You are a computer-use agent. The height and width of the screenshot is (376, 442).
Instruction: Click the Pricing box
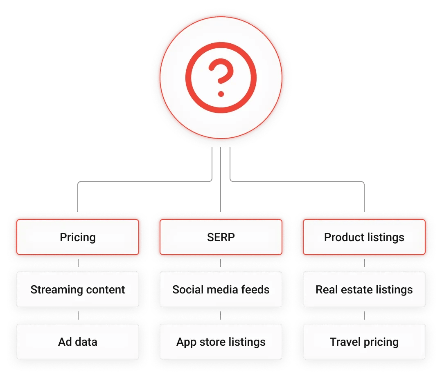tap(78, 237)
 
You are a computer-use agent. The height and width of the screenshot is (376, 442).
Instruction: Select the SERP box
tap(221, 237)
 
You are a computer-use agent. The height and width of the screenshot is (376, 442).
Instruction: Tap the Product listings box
tap(364, 237)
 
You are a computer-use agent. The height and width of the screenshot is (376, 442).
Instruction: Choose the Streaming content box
tap(78, 290)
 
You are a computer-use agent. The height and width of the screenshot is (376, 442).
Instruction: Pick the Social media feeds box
tap(221, 290)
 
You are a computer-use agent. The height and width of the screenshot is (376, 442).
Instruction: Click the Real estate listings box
tap(364, 290)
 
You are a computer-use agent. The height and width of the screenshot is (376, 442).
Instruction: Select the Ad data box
tap(78, 342)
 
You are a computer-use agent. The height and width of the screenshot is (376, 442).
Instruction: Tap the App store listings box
tap(221, 342)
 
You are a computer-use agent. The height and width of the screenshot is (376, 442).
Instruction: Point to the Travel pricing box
tap(364, 342)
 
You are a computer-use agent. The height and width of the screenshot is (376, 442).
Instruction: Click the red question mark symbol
tap(221, 74)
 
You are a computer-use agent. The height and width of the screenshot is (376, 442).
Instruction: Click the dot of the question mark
tap(221, 94)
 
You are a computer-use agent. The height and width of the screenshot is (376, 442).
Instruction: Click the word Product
tap(342, 237)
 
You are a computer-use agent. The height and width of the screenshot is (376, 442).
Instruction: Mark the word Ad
tap(65, 342)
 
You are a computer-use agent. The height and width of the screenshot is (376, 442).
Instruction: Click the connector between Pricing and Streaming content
tap(78, 264)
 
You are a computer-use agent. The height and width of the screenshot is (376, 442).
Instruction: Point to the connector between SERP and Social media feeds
tap(221, 264)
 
